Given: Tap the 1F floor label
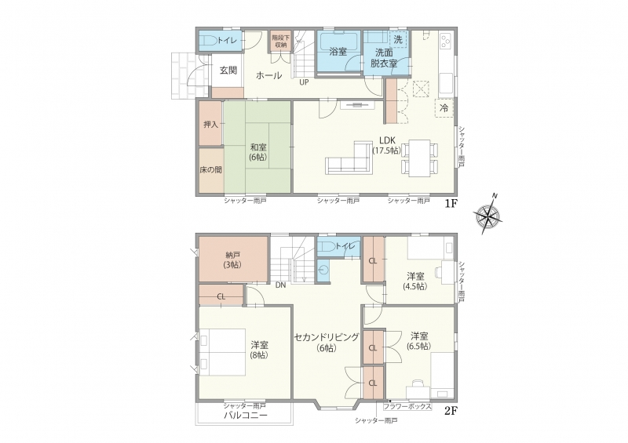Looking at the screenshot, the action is [x=451, y=204].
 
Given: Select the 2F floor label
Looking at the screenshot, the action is [x=451, y=411].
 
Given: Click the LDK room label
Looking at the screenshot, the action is [x=387, y=140].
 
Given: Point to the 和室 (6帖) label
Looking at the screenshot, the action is [x=258, y=152].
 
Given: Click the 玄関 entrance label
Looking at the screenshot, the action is [x=228, y=71].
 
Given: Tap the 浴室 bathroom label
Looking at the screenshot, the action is [x=338, y=52].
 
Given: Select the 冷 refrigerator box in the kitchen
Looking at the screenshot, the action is [x=444, y=107].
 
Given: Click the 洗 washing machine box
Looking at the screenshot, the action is [x=398, y=39].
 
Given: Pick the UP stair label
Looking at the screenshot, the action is [x=304, y=82].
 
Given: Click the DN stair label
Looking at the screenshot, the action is [x=280, y=285].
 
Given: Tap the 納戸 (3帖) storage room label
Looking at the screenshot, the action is [x=232, y=260].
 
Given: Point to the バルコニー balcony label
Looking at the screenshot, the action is [x=245, y=416].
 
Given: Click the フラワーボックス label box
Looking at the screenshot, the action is [x=407, y=407].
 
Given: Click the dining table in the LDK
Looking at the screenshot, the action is [x=420, y=158].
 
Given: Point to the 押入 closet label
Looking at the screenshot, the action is [x=210, y=125].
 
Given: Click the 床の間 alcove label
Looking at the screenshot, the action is [x=210, y=169].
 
